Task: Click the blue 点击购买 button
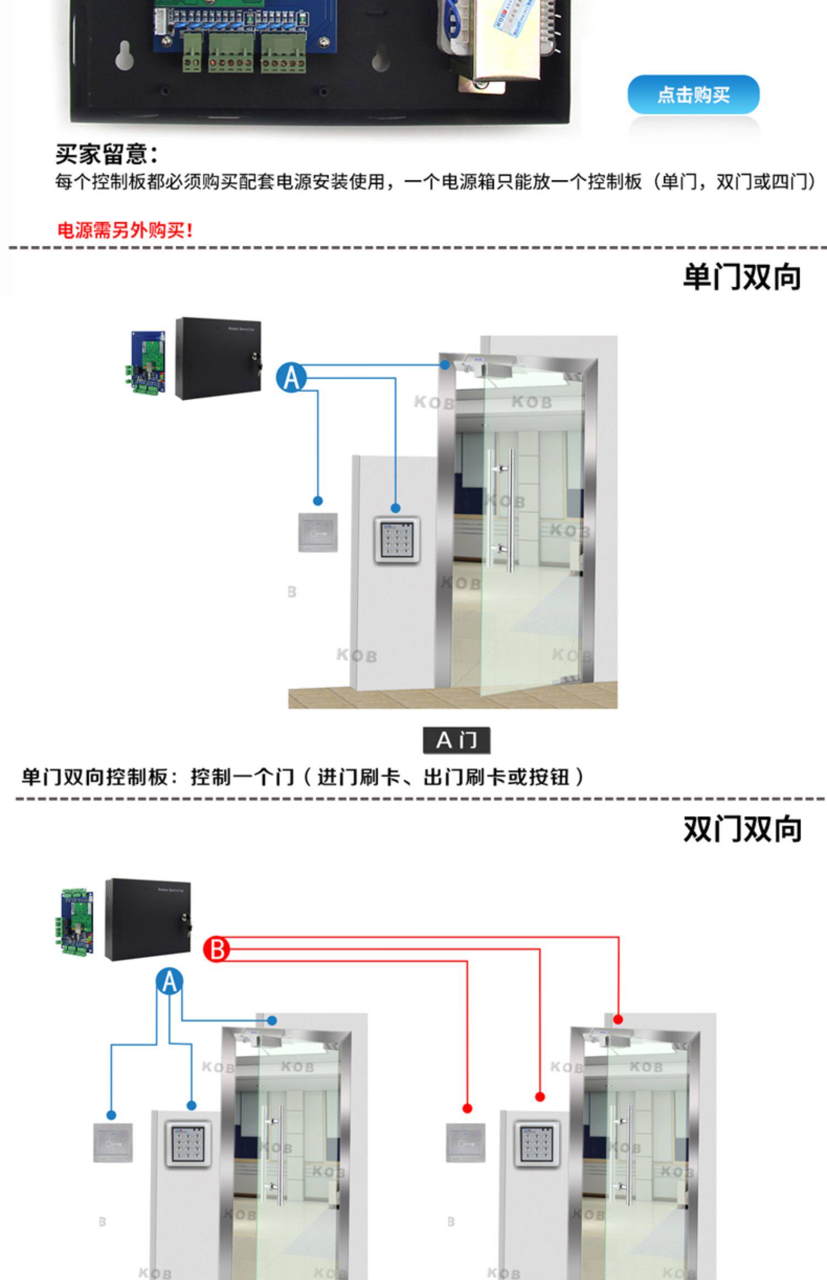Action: coord(693,95)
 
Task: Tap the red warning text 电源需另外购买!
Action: coord(125,230)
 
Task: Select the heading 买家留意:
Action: coord(106,154)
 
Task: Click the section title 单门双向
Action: coord(742,277)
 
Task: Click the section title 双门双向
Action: coord(742,829)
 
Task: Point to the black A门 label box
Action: coord(457,740)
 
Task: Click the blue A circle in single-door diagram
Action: coord(291,378)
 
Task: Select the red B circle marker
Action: coord(217,949)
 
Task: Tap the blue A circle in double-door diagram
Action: coord(169,982)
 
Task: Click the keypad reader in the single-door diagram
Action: coord(397,540)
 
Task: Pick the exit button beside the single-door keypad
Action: coord(318,533)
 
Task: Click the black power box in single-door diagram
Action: coord(218,358)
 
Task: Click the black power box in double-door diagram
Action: coord(148,919)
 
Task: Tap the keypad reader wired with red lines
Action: coord(536,1144)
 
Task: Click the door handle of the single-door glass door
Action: coord(509,509)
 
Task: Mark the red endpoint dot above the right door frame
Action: coord(618,1019)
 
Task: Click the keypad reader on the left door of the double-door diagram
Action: coord(189,1144)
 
